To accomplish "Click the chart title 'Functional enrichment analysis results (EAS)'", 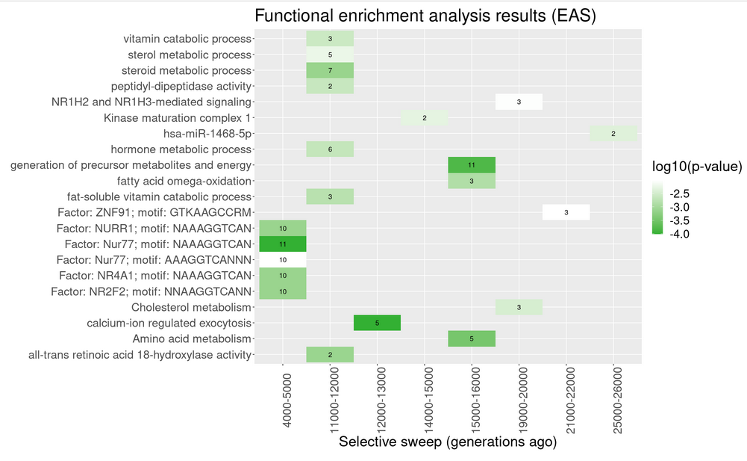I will (425, 16).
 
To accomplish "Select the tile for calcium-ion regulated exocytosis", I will (377, 323).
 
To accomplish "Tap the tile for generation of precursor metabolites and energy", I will (471, 165).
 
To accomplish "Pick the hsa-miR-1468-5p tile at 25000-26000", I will (613, 134).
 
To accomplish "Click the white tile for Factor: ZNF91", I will (566, 213).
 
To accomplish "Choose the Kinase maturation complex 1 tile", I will (424, 118).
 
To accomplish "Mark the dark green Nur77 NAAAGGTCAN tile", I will (282, 244).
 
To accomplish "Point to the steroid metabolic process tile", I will (330, 70).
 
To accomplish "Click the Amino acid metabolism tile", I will (471, 338).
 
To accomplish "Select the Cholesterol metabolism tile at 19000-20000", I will (519, 307).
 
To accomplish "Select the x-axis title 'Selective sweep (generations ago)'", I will (448, 442).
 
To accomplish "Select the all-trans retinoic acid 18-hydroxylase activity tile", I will (330, 354).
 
